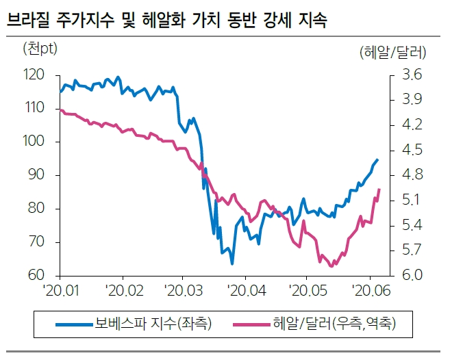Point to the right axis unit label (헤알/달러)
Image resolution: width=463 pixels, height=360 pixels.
pos(392,51)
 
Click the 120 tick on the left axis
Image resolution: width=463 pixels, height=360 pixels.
pos(34,75)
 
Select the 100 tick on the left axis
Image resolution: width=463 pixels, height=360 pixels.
pos(34,142)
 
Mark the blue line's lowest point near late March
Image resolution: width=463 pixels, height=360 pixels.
pos(232,263)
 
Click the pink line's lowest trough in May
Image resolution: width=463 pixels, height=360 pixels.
pos(331,266)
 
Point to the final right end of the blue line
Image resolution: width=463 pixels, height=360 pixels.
pos(377,159)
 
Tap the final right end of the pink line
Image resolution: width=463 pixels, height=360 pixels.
pos(379,189)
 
